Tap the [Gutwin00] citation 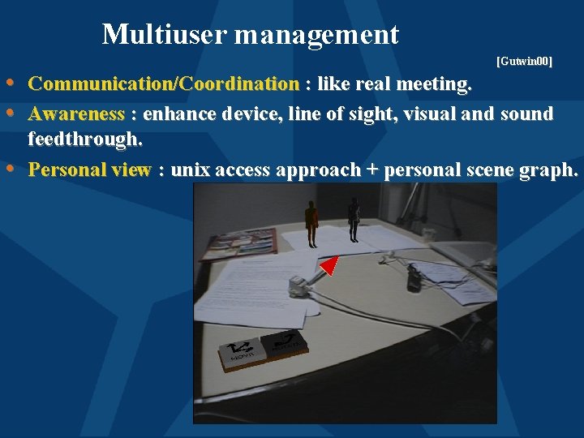click(x=524, y=62)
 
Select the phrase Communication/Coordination click(x=163, y=84)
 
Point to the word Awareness click(x=76, y=114)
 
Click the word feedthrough click(x=84, y=140)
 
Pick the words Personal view click(x=89, y=170)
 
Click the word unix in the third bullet click(x=192, y=170)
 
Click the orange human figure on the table click(x=311, y=221)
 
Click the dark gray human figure click(x=354, y=220)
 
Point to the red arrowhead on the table click(x=328, y=265)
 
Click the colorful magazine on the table click(x=240, y=243)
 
